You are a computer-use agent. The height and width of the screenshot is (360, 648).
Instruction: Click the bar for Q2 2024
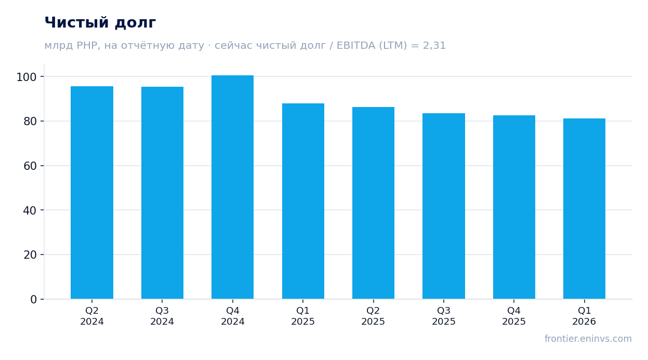(x=92, y=193)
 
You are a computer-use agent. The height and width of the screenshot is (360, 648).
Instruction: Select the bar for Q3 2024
(x=162, y=193)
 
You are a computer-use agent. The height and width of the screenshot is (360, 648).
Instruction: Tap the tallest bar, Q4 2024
(x=233, y=187)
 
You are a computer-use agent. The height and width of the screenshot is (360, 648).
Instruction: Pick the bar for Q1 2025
(x=303, y=201)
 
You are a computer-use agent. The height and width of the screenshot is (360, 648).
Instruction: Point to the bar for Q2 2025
(x=373, y=203)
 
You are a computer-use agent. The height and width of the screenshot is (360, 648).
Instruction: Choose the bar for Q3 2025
(x=444, y=206)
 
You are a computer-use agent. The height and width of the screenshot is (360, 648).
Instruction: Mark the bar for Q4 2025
(x=514, y=207)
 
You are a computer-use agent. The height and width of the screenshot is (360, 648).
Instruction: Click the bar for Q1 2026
(x=585, y=209)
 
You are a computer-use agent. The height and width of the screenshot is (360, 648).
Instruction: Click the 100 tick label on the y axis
(x=27, y=77)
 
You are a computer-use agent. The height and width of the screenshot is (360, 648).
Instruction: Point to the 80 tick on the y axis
(x=30, y=122)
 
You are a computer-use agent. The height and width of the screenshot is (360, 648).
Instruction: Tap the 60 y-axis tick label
(x=30, y=166)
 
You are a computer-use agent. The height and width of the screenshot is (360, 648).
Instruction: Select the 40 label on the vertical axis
(x=30, y=210)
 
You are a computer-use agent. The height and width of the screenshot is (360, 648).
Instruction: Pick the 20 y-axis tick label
(x=30, y=255)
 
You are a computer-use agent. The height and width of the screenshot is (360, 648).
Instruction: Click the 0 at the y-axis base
(x=34, y=300)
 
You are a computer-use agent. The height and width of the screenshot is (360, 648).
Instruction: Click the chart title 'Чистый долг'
(x=100, y=23)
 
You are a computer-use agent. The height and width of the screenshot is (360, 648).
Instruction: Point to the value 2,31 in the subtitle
(x=434, y=46)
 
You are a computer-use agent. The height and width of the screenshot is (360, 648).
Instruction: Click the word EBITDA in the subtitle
(x=356, y=45)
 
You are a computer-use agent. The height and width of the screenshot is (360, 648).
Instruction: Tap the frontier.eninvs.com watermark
(x=588, y=339)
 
